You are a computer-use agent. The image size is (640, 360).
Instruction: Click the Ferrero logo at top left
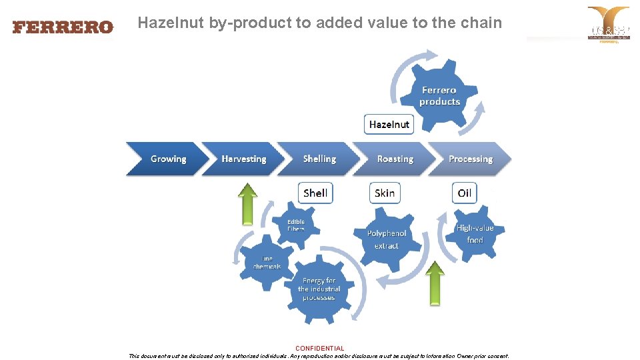63,27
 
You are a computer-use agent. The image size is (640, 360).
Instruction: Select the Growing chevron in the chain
166,159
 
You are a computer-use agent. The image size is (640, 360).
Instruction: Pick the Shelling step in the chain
319,159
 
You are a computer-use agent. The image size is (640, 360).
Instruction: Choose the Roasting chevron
394,159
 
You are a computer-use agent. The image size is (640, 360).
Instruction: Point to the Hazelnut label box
389,124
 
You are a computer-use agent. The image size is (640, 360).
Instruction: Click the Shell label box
315,193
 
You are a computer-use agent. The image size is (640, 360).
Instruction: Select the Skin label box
385,193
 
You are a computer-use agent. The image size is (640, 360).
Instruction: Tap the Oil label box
464,193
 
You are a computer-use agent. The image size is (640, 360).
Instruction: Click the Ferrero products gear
439,96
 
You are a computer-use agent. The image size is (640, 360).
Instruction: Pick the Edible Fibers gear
296,225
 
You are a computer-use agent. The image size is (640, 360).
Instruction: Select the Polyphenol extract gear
387,239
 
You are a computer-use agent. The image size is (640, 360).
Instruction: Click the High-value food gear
475,233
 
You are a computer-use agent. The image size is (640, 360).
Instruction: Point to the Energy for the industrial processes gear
319,289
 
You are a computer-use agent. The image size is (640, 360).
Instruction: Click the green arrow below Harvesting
248,204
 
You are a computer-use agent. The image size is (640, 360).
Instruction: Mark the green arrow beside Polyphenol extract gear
435,283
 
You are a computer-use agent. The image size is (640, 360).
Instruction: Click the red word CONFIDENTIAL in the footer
320,348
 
